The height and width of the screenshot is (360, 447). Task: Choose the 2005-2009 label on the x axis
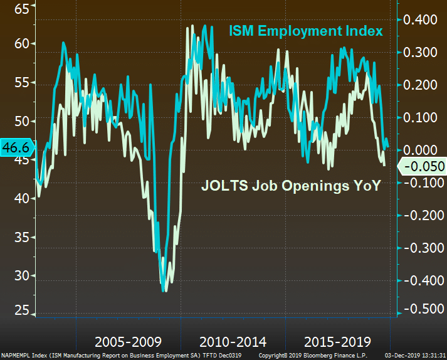coord(128,342)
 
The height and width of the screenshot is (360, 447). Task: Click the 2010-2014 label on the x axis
coord(233,342)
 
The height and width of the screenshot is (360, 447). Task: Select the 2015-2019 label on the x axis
coord(337,342)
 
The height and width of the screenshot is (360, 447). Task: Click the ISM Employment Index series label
coord(305,31)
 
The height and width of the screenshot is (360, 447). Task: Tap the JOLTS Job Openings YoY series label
coord(290,186)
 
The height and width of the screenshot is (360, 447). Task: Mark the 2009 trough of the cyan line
coord(164,290)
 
